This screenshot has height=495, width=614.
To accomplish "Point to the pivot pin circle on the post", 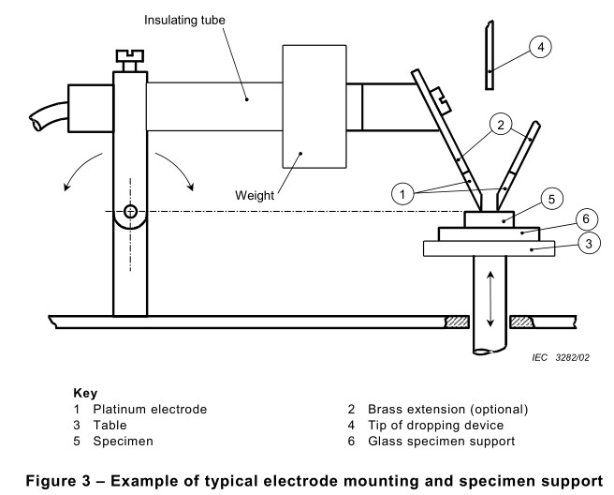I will [128, 210].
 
